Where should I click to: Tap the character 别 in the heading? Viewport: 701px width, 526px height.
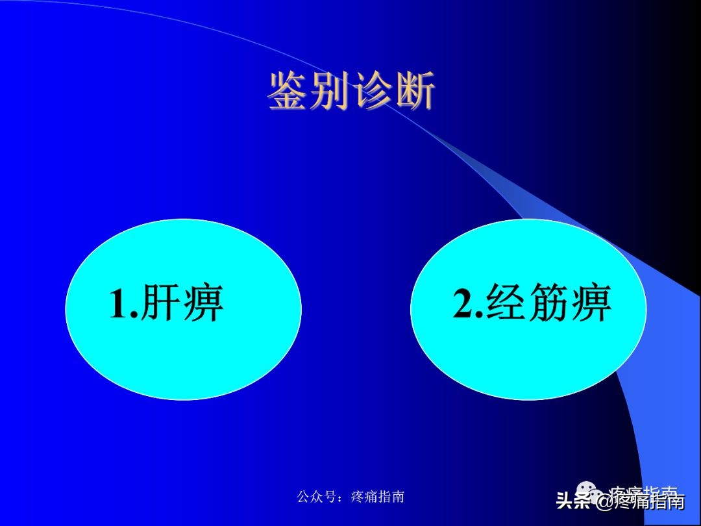coord(330,91)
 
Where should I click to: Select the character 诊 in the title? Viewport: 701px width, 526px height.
coord(372,91)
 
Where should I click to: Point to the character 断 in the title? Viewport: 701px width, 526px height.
coord(413,91)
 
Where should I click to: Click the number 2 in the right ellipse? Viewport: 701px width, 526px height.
coord(464,303)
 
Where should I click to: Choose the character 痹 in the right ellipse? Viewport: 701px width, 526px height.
coord(590,303)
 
